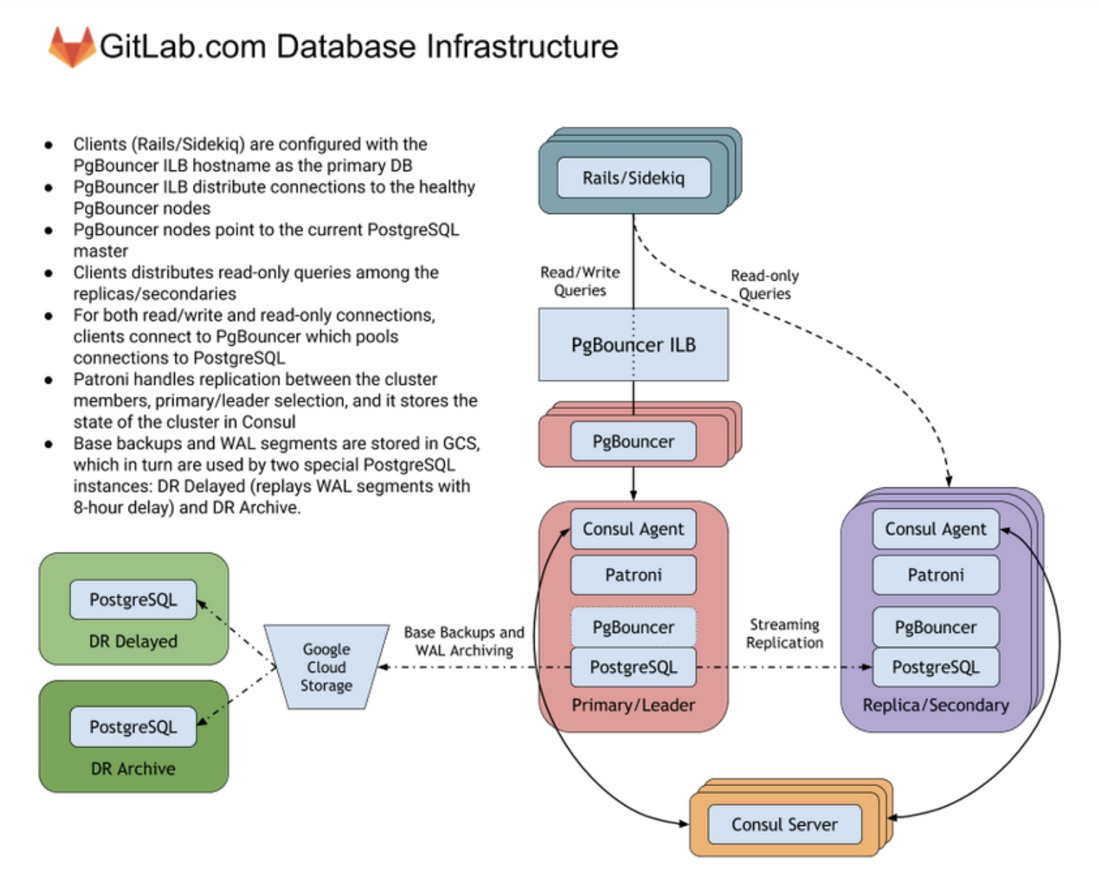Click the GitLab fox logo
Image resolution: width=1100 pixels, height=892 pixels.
click(x=71, y=47)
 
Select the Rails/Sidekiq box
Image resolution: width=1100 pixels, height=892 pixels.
click(x=633, y=178)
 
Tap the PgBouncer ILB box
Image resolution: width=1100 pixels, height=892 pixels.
click(x=633, y=344)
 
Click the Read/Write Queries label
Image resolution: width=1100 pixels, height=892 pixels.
click(x=580, y=281)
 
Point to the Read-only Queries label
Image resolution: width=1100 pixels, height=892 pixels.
click(x=765, y=284)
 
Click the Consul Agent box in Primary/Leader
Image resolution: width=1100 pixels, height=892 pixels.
click(x=633, y=529)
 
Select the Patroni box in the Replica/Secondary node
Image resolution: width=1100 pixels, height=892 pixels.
click(x=935, y=575)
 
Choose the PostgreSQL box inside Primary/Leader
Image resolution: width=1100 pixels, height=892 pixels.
click(x=633, y=667)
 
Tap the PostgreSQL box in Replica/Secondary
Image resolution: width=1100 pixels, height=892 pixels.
click(x=935, y=667)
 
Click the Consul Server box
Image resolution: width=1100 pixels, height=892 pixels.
click(x=784, y=825)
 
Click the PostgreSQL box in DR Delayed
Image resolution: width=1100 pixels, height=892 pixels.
click(x=133, y=600)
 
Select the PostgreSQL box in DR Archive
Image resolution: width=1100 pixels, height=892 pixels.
click(x=133, y=727)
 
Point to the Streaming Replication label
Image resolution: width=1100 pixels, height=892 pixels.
click(x=784, y=633)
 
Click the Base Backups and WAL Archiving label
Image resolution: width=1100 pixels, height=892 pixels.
click(x=464, y=642)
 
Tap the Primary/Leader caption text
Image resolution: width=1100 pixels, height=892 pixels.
click(x=633, y=705)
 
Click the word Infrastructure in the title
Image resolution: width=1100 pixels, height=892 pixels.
click(x=522, y=47)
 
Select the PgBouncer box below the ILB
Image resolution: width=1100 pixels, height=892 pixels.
click(x=633, y=442)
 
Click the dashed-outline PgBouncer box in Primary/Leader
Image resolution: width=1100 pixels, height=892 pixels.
click(x=633, y=627)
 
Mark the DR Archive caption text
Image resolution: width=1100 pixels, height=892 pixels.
click(x=133, y=769)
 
